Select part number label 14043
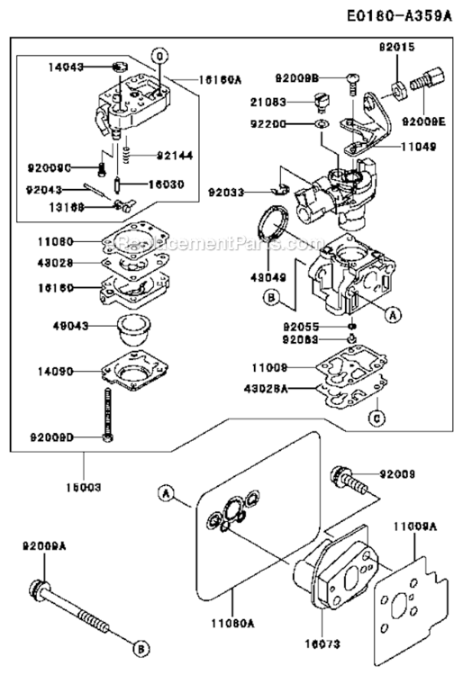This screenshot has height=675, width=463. pyautogui.click(x=66, y=67)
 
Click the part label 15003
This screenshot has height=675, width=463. pyautogui.click(x=83, y=486)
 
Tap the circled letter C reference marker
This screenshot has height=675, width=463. pyautogui.click(x=377, y=416)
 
